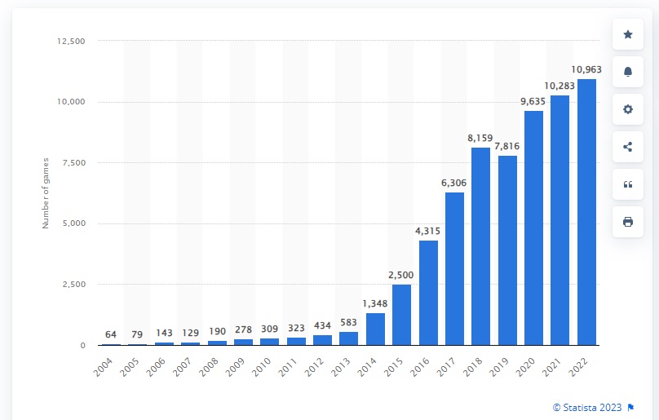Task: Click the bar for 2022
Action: [x=586, y=212]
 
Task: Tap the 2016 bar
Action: [x=428, y=293]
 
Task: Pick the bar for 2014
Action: [x=375, y=329]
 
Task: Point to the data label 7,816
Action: [x=507, y=147]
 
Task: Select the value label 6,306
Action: [x=454, y=183]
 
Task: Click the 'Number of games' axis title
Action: [x=46, y=193]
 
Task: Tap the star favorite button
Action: [x=627, y=34]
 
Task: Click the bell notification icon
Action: [x=627, y=72]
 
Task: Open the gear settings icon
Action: [x=627, y=109]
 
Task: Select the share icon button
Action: [x=627, y=147]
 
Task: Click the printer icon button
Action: [x=627, y=222]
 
